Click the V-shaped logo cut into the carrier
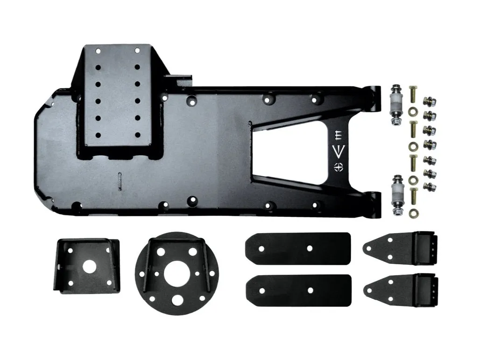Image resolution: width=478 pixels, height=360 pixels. pos(339,150)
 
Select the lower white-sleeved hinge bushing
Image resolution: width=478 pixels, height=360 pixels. pos(396,194)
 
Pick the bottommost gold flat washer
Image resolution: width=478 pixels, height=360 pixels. pos(414,215)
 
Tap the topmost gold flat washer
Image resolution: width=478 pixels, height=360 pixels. pos(413,112)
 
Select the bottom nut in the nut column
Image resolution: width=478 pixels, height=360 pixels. pos(429,186)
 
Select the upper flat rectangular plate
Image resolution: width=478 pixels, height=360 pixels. pos(297,249)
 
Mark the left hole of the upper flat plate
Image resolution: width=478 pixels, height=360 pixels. pos(261,249)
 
